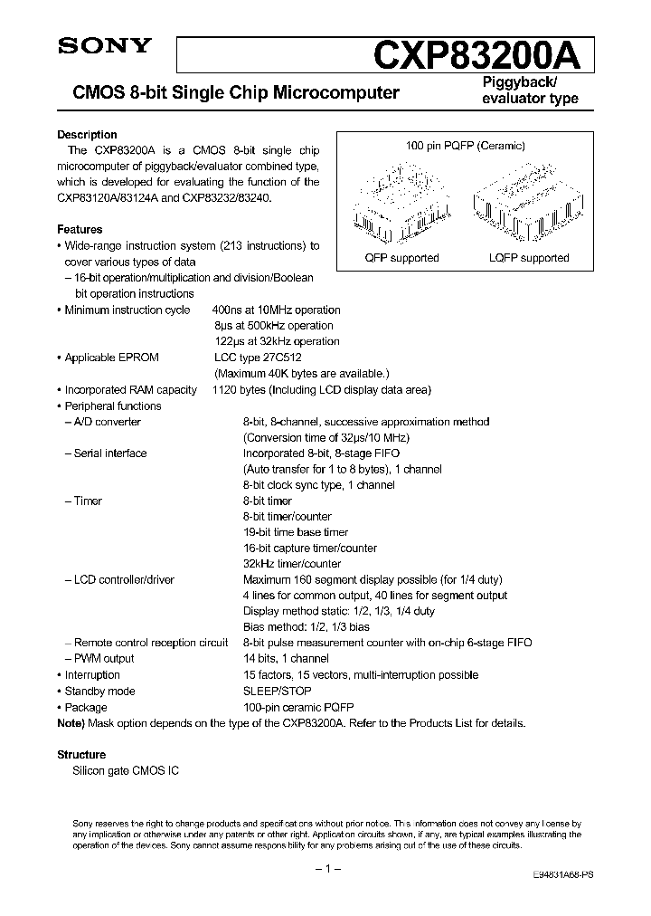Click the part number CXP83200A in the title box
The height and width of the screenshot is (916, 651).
[x=483, y=54]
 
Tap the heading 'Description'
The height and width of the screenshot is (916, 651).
[x=87, y=135]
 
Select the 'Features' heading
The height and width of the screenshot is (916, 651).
[x=80, y=230]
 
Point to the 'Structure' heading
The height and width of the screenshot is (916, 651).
[x=81, y=754]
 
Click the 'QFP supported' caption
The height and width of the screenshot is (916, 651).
[x=401, y=258]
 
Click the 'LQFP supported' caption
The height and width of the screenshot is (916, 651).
[x=529, y=258]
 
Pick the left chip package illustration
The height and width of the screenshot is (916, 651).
[x=401, y=200]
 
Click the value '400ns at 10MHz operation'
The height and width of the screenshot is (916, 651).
[x=277, y=310]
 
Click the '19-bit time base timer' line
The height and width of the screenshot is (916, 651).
[x=296, y=532]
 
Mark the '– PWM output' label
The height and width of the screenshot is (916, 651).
[x=99, y=659]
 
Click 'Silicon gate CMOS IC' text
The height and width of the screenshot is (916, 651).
[x=126, y=770]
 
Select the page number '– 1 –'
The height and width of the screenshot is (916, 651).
[x=325, y=869]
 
